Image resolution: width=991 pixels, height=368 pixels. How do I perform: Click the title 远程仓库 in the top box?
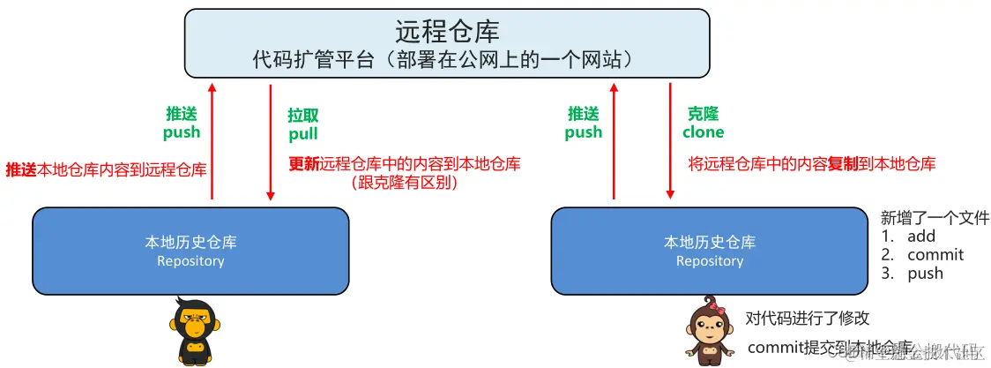pyautogui.click(x=447, y=32)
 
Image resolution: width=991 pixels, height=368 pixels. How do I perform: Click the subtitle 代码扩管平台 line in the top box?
pyautogui.click(x=447, y=60)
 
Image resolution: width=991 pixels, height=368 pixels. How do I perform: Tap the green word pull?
pyautogui.click(x=303, y=134)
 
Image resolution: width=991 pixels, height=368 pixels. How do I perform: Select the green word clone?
pyautogui.click(x=703, y=132)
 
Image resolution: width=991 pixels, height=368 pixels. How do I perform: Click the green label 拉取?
pyautogui.click(x=303, y=116)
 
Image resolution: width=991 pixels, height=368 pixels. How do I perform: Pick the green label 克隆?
pyautogui.click(x=703, y=114)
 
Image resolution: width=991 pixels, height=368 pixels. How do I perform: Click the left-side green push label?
pyautogui.click(x=182, y=132)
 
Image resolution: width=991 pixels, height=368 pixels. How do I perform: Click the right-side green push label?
pyautogui.click(x=584, y=132)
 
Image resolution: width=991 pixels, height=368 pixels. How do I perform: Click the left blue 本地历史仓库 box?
pyautogui.click(x=190, y=251)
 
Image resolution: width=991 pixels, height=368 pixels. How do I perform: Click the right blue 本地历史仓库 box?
pyautogui.click(x=710, y=251)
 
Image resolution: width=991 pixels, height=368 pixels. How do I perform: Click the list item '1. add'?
pyautogui.click(x=908, y=237)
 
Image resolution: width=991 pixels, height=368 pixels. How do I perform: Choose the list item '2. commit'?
pyautogui.click(x=922, y=255)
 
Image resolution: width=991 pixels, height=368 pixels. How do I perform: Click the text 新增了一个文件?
pyautogui.click(x=935, y=218)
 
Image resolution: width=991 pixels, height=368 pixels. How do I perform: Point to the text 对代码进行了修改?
pyautogui.click(x=808, y=319)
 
